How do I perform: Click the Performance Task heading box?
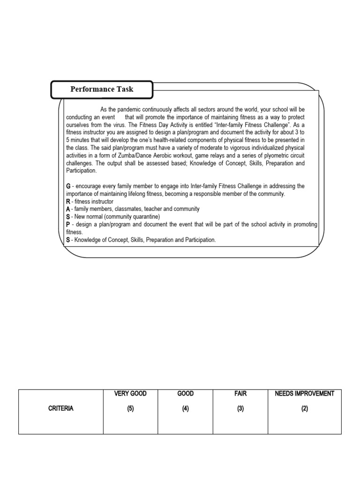tap(102, 89)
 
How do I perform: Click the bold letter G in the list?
tap(68, 186)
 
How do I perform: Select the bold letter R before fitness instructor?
tap(68, 202)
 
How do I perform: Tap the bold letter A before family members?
tap(68, 209)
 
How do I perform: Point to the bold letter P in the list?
tap(68, 225)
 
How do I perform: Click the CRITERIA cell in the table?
tap(60, 408)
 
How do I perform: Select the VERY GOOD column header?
tap(130, 394)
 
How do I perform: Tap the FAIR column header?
tap(240, 394)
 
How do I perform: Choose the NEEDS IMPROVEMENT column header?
tap(305, 394)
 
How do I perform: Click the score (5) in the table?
tap(130, 409)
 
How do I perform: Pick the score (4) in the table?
tap(186, 409)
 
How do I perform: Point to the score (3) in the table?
tap(240, 409)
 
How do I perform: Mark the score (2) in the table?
tap(305, 409)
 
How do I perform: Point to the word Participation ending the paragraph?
tap(81, 171)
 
